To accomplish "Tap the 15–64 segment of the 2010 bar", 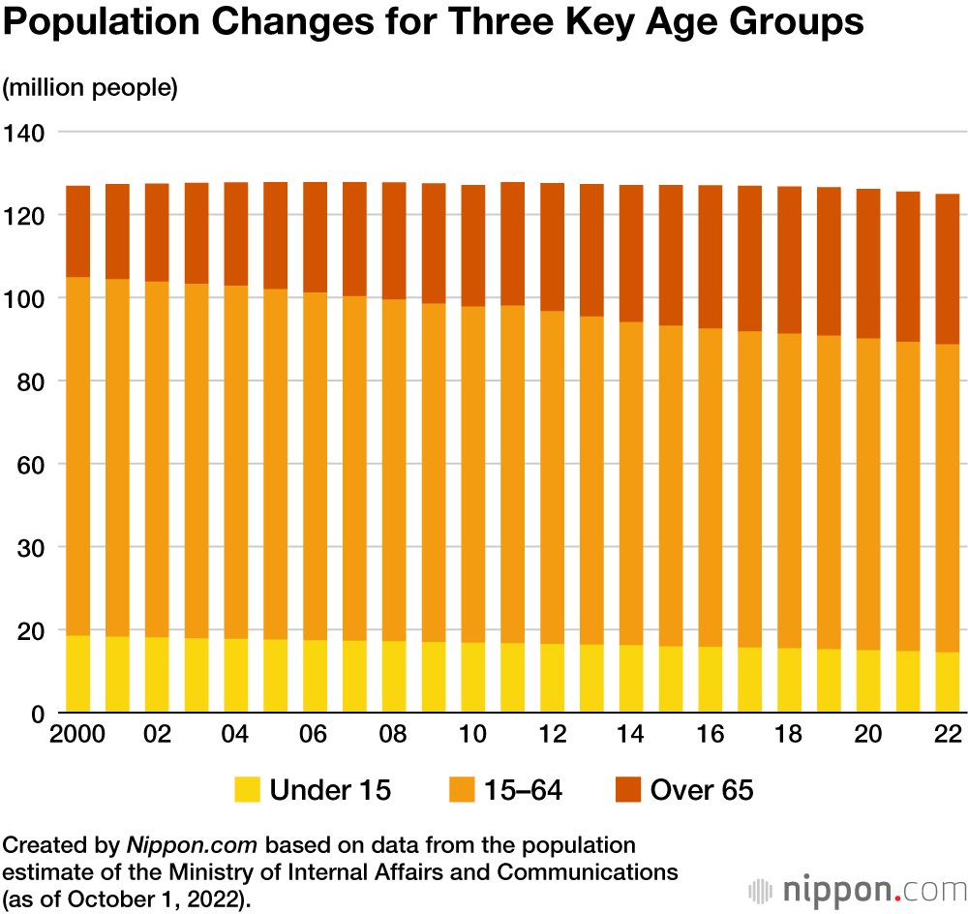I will [472, 474].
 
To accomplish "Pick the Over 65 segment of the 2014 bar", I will [630, 253].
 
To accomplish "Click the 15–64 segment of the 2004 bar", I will [235, 462].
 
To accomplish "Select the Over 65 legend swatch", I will [628, 790].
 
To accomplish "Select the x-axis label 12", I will [552, 735].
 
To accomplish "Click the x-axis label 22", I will [948, 735].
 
